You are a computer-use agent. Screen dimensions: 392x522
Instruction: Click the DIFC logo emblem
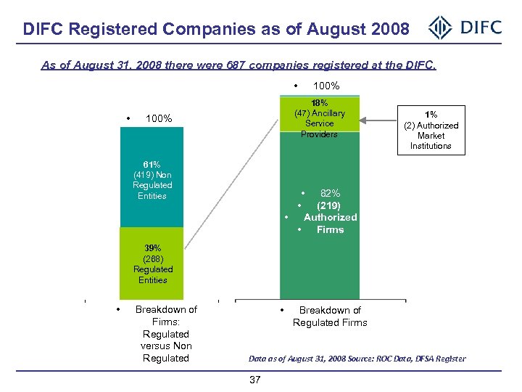click(440, 28)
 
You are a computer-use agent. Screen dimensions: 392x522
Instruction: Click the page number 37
click(254, 380)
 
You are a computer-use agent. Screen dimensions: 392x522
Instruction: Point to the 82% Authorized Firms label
click(330, 211)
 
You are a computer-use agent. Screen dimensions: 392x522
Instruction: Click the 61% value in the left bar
click(152, 164)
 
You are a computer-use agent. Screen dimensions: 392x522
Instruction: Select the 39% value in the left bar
click(152, 248)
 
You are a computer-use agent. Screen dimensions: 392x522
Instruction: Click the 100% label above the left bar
click(159, 118)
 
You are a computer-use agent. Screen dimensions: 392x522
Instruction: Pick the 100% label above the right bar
click(326, 86)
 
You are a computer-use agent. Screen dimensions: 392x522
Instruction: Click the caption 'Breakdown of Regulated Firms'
click(330, 317)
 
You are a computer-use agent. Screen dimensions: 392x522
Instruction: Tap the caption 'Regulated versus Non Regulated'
click(166, 346)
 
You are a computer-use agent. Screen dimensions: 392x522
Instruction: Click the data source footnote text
click(357, 359)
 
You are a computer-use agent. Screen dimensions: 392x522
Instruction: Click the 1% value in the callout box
click(431, 115)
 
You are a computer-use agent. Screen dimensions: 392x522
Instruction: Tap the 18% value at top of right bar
click(319, 102)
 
